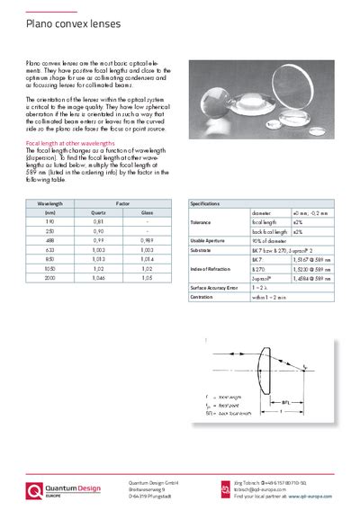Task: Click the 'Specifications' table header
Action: (209, 205)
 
